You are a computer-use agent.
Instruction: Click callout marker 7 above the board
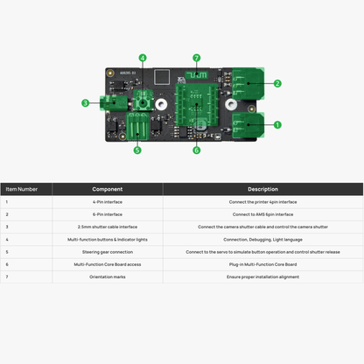(x=197, y=59)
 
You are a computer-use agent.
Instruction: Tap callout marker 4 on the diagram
(x=143, y=59)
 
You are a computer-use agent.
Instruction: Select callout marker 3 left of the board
(x=85, y=102)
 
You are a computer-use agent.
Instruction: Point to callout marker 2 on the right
(x=277, y=84)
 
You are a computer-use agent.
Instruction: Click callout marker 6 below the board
(x=196, y=150)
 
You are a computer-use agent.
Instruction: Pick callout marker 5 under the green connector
(x=137, y=150)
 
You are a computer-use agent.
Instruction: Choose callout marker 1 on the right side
(x=277, y=125)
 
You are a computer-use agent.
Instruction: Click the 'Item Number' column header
(x=22, y=189)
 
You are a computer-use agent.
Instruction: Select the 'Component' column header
(x=107, y=189)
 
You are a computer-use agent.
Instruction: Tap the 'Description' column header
(x=262, y=189)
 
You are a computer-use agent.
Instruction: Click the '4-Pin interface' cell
(x=107, y=202)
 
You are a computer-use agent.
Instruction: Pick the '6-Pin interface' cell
(x=107, y=214)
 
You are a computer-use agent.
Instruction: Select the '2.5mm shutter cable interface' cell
(x=107, y=227)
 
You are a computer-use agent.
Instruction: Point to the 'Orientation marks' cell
(x=107, y=276)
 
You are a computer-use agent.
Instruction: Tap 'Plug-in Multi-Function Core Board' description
(x=262, y=264)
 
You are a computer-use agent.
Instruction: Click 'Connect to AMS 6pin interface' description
(x=262, y=214)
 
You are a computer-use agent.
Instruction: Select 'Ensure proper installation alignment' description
(x=262, y=276)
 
